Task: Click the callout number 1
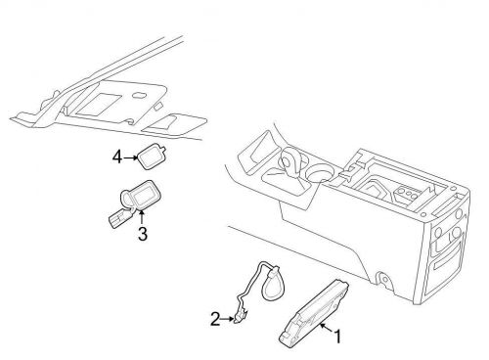(x=337, y=337)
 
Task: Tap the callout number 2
(x=215, y=319)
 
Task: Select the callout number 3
(x=143, y=234)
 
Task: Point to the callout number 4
(x=117, y=157)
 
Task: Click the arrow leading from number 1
(x=327, y=328)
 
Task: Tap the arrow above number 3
(x=142, y=218)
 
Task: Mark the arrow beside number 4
(x=130, y=157)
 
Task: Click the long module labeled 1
(x=313, y=314)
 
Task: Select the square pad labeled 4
(x=152, y=157)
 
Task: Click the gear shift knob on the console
(x=292, y=158)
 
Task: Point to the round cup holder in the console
(x=322, y=173)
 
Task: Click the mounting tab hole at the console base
(x=384, y=280)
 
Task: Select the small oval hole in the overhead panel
(x=138, y=96)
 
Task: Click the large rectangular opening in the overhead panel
(x=98, y=104)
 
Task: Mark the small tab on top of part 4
(x=163, y=151)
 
